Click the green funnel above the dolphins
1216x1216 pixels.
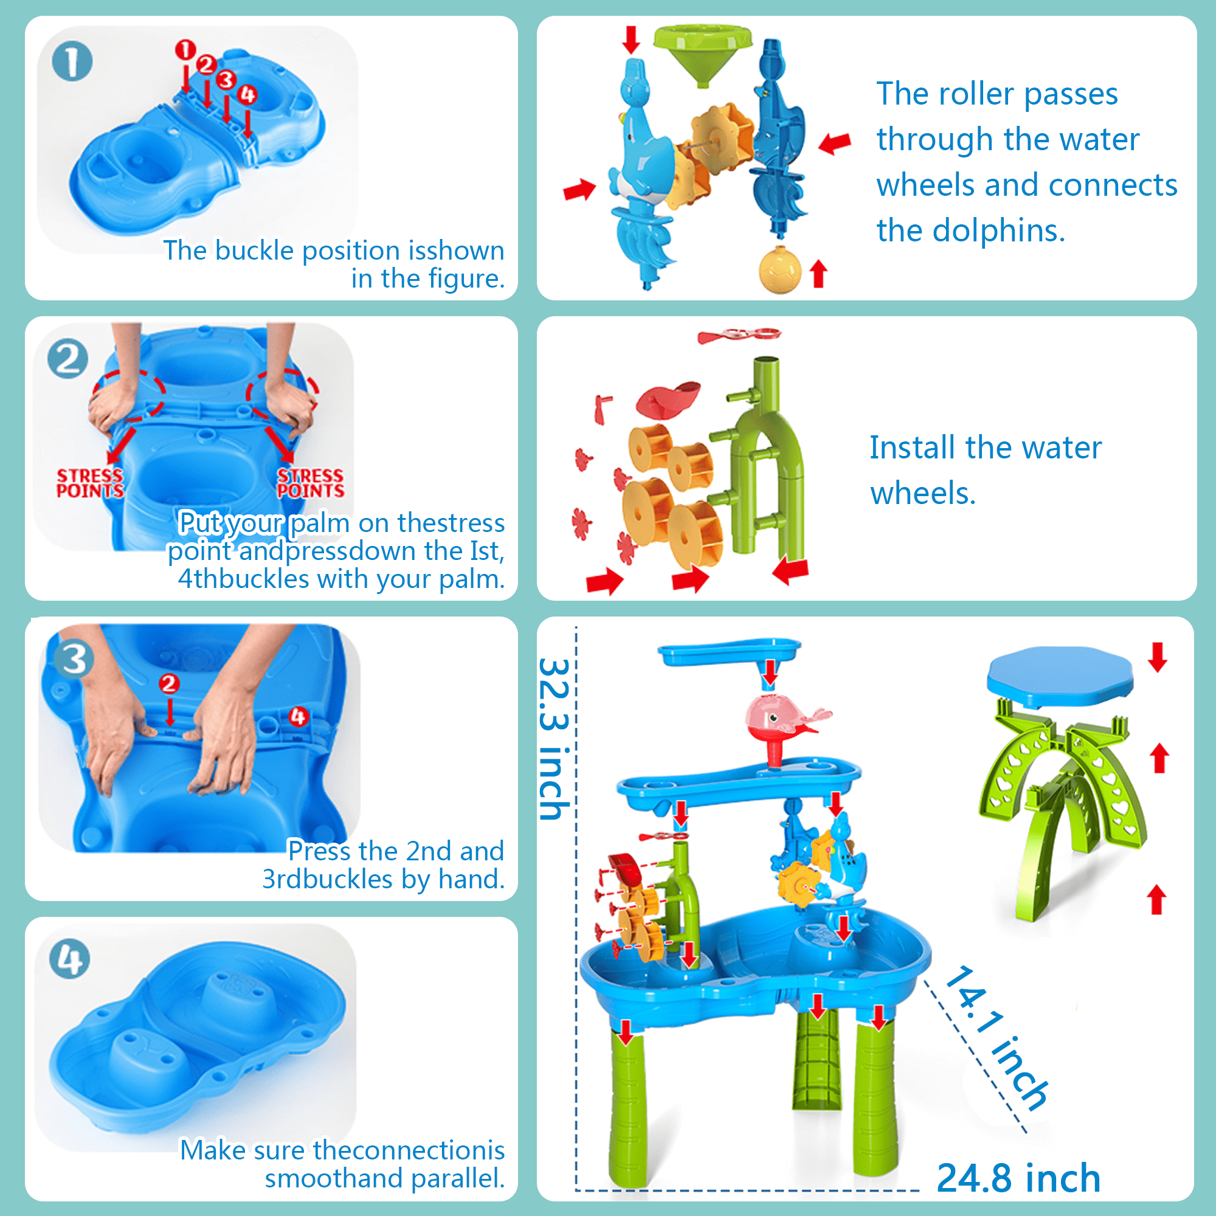click(x=702, y=54)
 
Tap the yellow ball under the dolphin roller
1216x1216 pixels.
click(x=780, y=270)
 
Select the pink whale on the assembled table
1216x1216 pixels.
click(x=784, y=717)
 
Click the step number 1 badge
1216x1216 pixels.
click(x=72, y=61)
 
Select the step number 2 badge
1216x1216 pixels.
click(x=68, y=359)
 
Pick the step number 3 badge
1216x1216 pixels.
click(x=74, y=659)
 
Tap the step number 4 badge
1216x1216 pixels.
click(x=69, y=959)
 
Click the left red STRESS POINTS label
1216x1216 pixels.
click(x=90, y=483)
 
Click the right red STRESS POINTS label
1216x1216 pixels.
click(x=311, y=483)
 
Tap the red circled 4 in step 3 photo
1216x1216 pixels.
click(x=299, y=716)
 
